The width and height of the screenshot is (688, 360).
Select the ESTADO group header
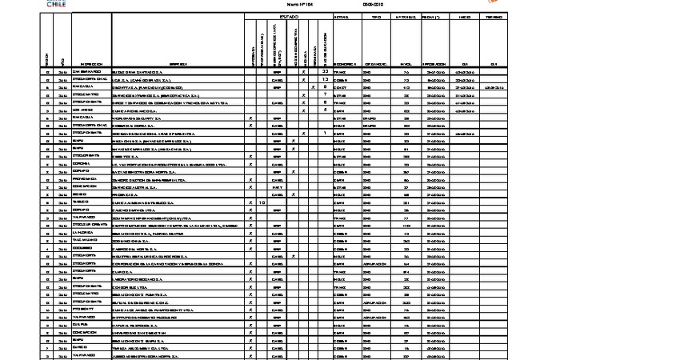tap(289, 17)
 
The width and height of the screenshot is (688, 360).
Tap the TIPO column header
tap(377, 17)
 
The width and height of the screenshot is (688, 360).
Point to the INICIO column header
tap(464, 17)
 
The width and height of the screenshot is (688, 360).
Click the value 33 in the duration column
tap(325, 72)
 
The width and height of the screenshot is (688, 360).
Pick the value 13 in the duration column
tap(325, 79)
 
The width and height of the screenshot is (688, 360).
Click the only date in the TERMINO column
tap(494, 79)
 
